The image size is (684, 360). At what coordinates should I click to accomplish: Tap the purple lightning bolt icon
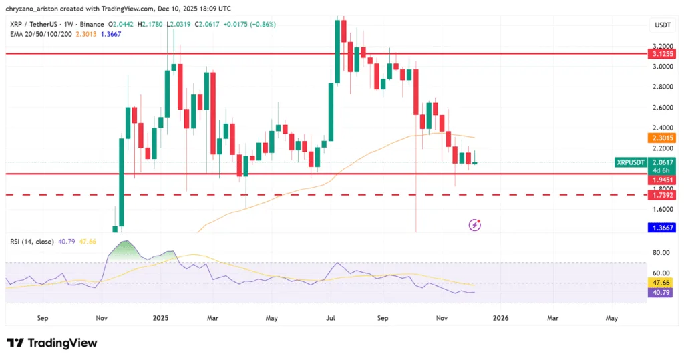(475, 225)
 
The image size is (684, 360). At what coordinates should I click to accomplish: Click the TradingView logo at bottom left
(52, 343)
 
